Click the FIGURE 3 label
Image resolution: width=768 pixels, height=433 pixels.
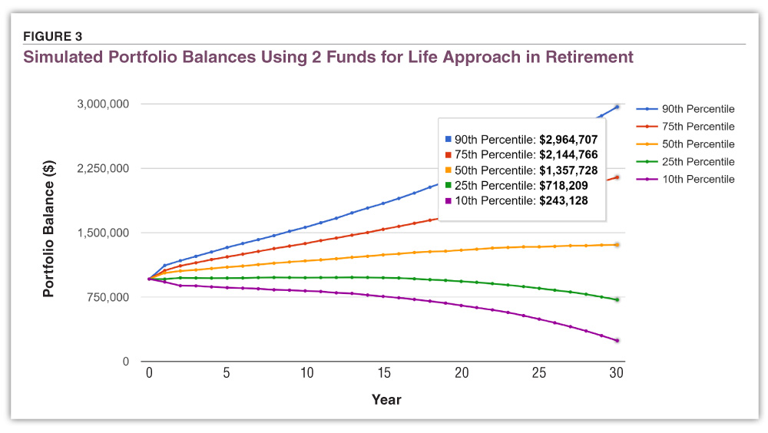point(53,36)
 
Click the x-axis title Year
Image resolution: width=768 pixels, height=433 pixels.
point(386,399)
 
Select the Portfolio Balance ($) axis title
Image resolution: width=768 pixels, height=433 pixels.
point(48,232)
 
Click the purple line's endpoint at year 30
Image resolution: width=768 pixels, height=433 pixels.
point(617,340)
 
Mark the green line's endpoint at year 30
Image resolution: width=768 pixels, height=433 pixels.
point(617,299)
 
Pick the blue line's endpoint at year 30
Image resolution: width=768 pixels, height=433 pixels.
point(617,107)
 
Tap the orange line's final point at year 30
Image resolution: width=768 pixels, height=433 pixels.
point(617,245)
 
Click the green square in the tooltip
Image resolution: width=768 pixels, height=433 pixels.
point(448,186)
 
